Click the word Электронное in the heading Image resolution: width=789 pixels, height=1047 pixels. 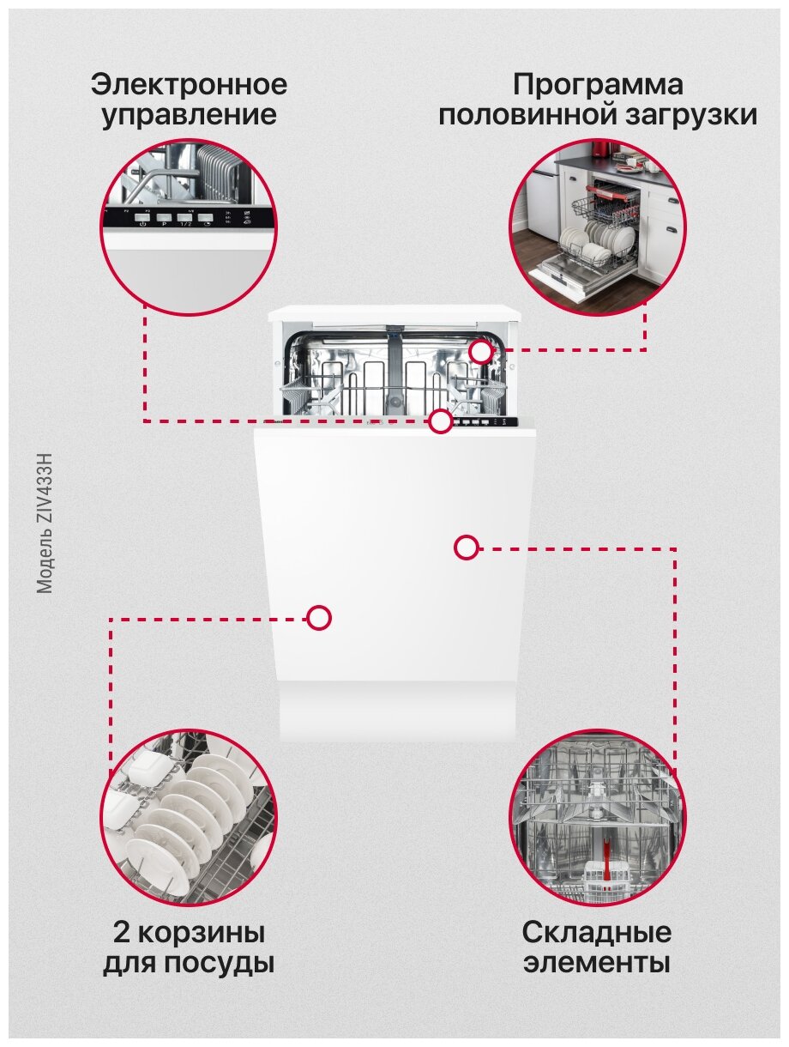click(x=189, y=86)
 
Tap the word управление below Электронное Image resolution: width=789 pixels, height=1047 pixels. click(x=189, y=116)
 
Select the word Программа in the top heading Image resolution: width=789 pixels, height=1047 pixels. click(x=598, y=86)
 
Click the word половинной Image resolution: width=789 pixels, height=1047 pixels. click(x=522, y=116)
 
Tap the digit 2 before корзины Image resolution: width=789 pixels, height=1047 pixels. click(x=121, y=932)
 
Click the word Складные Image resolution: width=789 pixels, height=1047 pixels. click(x=597, y=932)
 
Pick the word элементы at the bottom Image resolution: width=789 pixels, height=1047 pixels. click(x=597, y=963)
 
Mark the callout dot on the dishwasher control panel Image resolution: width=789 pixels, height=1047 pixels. click(x=441, y=421)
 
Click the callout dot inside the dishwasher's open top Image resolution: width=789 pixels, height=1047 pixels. click(x=481, y=351)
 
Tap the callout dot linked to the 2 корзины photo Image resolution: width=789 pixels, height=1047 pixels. click(x=319, y=618)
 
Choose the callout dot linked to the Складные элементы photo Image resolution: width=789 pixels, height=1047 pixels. click(x=466, y=548)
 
